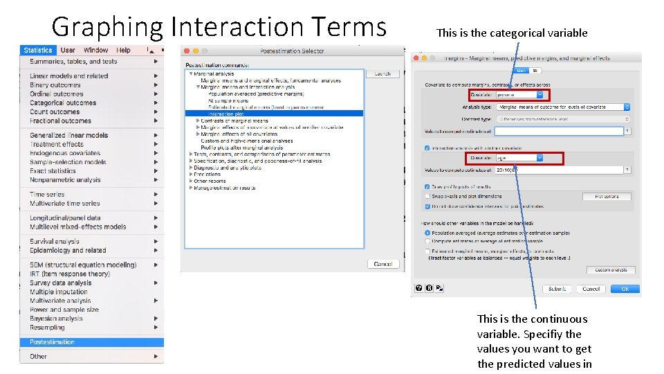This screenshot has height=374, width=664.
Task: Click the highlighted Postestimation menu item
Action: click(x=53, y=342)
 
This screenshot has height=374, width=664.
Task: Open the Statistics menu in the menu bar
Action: click(x=37, y=50)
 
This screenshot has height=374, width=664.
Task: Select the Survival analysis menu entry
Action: click(x=55, y=242)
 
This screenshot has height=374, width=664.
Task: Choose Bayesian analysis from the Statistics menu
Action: click(x=56, y=319)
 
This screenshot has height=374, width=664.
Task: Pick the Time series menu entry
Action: click(x=47, y=195)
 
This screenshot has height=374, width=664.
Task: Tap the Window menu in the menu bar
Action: click(x=95, y=50)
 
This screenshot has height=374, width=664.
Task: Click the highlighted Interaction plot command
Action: click(x=226, y=114)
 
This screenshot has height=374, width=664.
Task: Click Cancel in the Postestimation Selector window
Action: click(x=382, y=264)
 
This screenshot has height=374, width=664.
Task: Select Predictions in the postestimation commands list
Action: click(x=207, y=175)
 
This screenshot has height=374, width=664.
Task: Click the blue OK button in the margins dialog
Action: click(x=625, y=289)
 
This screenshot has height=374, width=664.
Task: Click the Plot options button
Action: click(x=607, y=197)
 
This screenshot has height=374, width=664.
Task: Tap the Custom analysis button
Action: click(x=611, y=270)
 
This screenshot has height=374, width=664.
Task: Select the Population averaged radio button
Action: click(x=427, y=233)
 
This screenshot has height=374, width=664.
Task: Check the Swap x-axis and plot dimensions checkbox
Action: click(x=427, y=197)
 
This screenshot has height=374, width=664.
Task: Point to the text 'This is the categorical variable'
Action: click(x=512, y=33)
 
